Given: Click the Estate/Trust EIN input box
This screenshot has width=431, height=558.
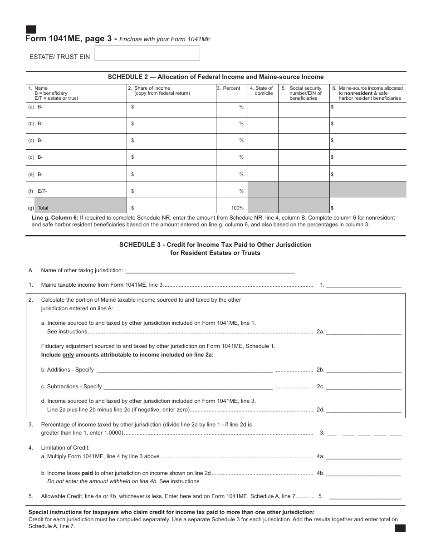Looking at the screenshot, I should tap(147, 54).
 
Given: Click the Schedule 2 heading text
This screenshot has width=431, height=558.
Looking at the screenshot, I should tap(215, 77).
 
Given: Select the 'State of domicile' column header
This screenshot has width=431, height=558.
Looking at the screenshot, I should tap(264, 91).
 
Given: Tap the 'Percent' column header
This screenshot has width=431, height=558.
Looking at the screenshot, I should tap(231, 88).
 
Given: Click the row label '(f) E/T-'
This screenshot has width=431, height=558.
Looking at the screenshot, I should tap(38, 191).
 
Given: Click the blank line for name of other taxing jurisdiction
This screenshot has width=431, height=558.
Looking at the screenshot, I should tap(210, 270).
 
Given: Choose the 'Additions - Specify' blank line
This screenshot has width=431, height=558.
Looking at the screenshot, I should tap(185, 370).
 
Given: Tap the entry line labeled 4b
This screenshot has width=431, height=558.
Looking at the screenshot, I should tap(364, 473).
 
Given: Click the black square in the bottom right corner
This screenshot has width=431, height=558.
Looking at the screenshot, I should tap(400, 528).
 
